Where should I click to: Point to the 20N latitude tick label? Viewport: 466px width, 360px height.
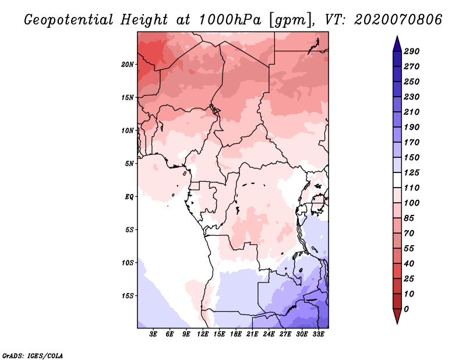tap(128, 64)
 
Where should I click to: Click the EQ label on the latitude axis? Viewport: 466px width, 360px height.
tap(129, 196)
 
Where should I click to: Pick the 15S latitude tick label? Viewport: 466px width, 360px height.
tap(128, 295)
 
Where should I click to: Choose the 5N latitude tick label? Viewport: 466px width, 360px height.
tap(129, 163)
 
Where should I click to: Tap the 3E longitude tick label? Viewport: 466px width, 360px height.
tap(154, 334)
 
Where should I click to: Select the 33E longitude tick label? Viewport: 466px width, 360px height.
tap(318, 334)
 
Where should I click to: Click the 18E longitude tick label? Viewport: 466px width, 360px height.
tap(236, 334)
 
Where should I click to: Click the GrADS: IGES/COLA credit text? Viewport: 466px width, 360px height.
tap(33, 355)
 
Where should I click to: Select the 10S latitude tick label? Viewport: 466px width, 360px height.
tap(128, 263)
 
